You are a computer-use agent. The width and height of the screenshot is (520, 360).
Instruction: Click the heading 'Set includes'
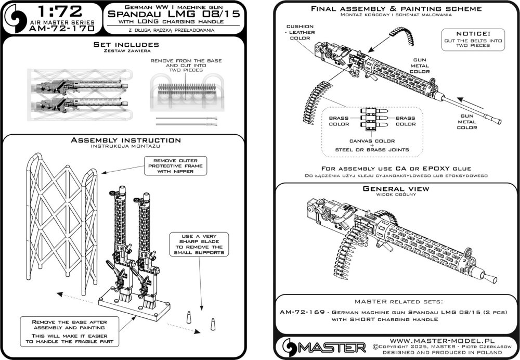(123, 45)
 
